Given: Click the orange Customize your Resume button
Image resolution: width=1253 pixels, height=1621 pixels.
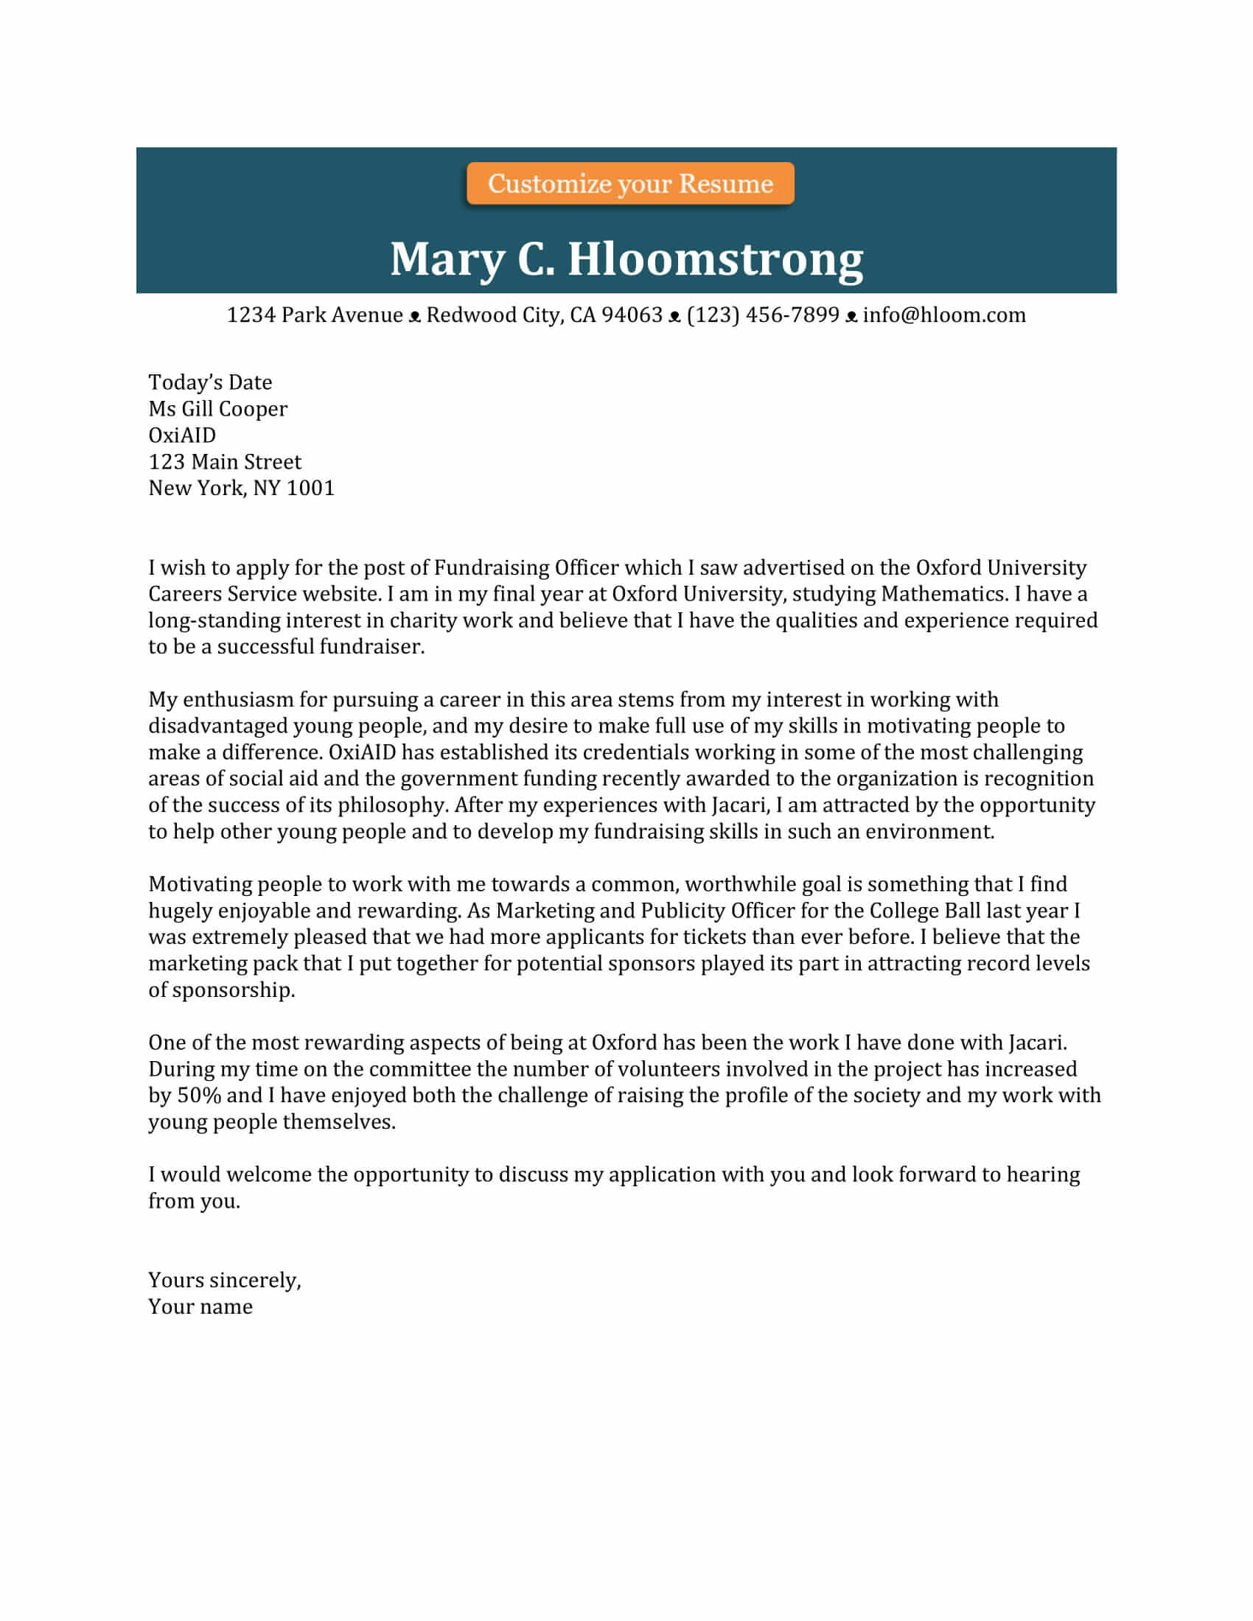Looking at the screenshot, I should coord(629,183).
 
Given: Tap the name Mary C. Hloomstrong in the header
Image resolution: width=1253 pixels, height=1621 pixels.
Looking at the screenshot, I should coord(626,259).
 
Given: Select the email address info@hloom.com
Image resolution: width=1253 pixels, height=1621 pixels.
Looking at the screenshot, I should coord(943,315).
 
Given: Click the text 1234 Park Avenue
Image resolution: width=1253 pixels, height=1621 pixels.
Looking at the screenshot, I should coord(314,315).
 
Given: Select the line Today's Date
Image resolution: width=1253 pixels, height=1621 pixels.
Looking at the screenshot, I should coord(210,382).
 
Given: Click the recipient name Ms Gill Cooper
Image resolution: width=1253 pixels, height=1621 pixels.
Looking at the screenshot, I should coord(217,409).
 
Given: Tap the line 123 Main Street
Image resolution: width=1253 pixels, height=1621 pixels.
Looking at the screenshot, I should coord(225,462).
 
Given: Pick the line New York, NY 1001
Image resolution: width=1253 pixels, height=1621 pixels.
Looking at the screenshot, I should coord(241,488).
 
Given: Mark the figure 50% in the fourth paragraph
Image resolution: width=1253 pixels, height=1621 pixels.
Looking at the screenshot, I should coord(199,1095).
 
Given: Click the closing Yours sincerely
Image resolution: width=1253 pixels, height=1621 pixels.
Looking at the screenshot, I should coord(224,1280).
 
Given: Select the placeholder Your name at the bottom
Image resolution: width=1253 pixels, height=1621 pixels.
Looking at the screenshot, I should coord(200,1306).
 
